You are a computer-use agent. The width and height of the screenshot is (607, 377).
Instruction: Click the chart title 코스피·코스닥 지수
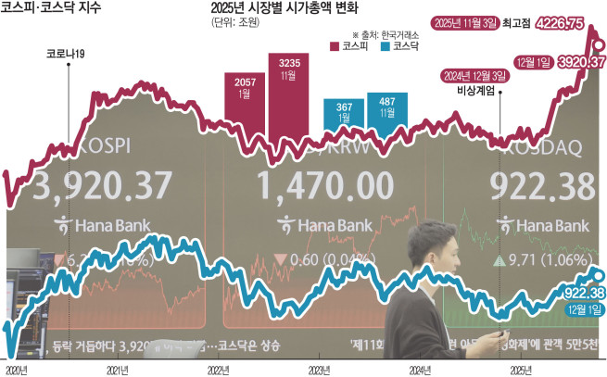click(x=53, y=12)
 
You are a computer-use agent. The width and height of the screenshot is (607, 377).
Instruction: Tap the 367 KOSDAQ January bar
click(x=344, y=120)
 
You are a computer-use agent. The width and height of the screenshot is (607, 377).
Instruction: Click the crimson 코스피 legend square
click(x=336, y=44)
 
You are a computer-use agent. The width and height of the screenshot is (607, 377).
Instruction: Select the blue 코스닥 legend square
click(x=384, y=44)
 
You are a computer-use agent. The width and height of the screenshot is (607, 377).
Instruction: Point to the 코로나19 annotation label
click(x=67, y=54)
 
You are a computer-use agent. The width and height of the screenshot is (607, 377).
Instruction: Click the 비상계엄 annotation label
click(x=475, y=91)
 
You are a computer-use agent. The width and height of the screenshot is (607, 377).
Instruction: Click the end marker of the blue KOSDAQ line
click(x=598, y=274)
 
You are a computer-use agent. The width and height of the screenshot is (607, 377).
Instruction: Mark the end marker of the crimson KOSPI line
click(x=598, y=44)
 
